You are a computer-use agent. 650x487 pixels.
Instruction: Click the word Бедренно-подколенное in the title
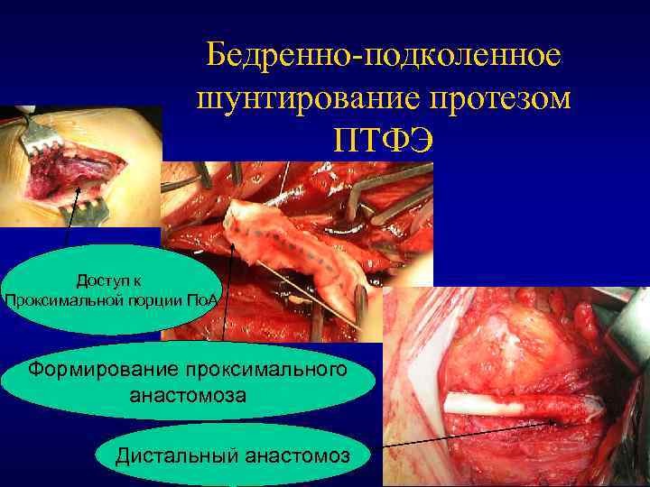click(x=383, y=56)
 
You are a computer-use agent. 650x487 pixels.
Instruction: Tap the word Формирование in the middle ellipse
click(x=103, y=369)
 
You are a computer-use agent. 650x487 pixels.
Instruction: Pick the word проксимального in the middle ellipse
click(x=267, y=369)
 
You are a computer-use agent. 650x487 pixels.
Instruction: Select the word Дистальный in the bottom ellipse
click(x=174, y=456)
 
